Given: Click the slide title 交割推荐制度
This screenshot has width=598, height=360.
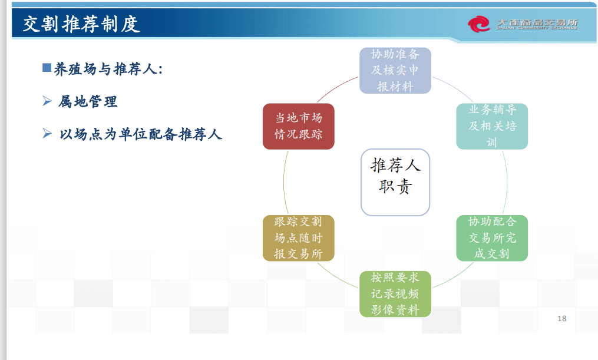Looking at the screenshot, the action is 81,24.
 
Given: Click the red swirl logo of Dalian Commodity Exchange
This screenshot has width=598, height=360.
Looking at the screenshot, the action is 479,24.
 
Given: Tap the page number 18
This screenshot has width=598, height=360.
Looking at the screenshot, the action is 562,318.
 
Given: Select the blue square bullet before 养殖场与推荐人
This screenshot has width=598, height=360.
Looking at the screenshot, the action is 47,68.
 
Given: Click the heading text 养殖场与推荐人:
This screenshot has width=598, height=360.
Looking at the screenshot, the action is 108,69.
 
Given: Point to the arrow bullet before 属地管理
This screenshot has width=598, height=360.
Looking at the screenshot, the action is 47,101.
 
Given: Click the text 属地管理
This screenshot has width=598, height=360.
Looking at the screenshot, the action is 88,102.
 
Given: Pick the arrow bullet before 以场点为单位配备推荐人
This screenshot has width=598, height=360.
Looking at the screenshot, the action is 47,134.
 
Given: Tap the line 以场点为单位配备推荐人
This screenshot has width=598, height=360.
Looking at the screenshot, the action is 141,134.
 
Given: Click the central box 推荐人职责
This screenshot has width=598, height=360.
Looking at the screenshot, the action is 395,182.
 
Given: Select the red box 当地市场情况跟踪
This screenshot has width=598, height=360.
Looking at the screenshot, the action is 299,126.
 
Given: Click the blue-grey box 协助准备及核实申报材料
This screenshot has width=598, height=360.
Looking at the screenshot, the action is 395,71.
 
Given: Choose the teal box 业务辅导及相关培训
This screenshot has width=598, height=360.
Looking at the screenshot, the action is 492,126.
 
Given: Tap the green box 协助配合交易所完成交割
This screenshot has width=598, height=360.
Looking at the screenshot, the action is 492,238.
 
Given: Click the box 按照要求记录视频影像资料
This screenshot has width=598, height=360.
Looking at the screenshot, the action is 395,294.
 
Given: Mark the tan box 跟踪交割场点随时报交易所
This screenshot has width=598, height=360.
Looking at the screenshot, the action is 299,238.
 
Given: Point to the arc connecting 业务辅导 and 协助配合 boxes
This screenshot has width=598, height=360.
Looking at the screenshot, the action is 507,182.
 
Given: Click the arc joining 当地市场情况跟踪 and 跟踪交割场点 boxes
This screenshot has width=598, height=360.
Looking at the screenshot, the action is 284,182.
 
